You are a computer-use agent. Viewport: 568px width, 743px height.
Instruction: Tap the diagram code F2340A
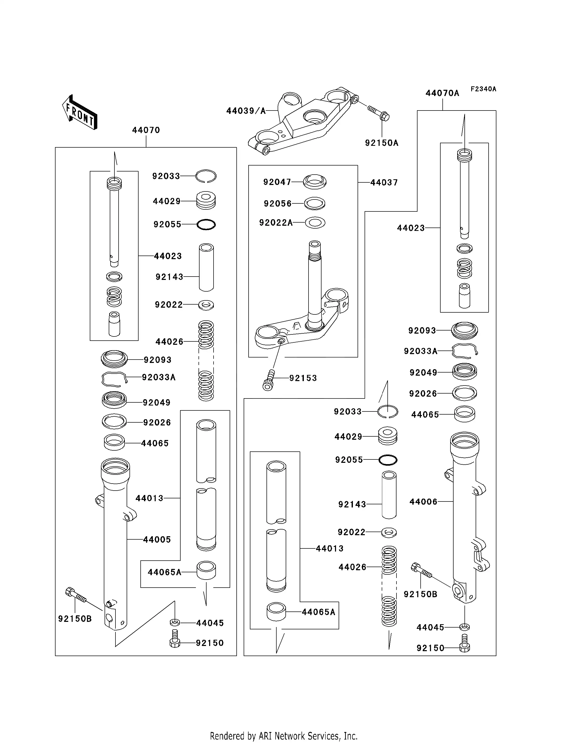point(483,89)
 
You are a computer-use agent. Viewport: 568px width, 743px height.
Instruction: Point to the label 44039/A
point(246,111)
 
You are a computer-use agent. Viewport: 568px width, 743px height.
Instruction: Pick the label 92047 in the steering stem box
point(277,182)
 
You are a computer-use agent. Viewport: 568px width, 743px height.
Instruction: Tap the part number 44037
point(384,183)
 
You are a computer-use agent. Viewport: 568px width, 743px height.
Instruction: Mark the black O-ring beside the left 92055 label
point(206,224)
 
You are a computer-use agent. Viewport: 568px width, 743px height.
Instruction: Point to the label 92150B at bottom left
point(75,619)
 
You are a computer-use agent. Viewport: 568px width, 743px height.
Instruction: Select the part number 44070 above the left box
point(146,130)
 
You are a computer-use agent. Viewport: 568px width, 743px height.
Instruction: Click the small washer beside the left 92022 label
point(206,305)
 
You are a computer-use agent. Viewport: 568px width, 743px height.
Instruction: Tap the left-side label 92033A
point(159,377)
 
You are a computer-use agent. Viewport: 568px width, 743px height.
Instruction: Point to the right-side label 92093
point(422,331)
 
